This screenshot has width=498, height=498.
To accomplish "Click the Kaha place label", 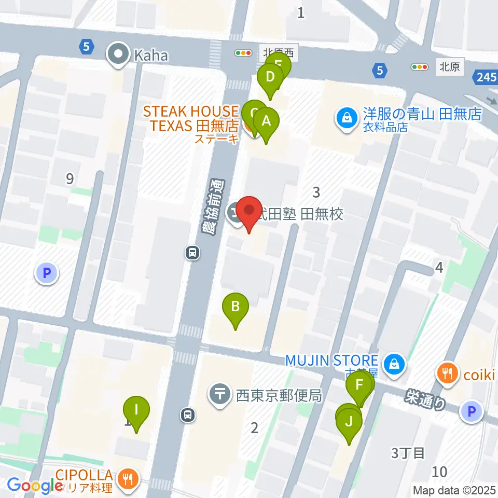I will (151, 56).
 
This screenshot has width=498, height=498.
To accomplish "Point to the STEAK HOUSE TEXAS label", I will (190, 118).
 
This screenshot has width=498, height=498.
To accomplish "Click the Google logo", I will (35, 485).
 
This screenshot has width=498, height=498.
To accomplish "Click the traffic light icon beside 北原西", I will (243, 53).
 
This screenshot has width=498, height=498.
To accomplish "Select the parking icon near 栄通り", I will (472, 412).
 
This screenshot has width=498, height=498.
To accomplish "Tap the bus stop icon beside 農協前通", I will (192, 253).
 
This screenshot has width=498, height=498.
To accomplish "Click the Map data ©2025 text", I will (454, 490).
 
